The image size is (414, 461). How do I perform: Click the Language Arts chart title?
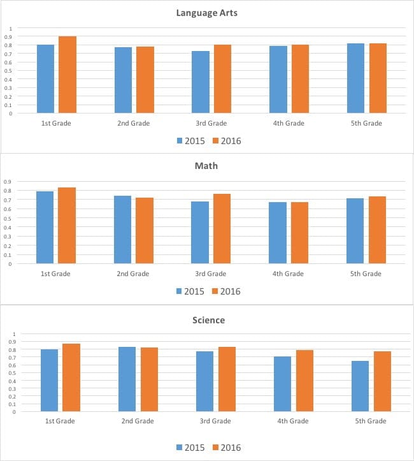(x=207, y=13)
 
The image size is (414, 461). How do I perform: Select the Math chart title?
(x=207, y=166)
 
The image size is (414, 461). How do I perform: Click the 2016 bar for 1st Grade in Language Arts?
(x=68, y=75)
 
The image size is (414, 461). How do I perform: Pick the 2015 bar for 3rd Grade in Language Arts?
(x=200, y=82)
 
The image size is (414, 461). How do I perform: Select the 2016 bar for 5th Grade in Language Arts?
(x=378, y=78)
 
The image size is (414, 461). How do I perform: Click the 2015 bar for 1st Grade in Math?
(x=45, y=227)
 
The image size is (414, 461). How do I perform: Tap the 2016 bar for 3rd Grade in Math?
(x=222, y=228)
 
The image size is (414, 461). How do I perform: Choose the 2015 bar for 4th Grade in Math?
(x=278, y=233)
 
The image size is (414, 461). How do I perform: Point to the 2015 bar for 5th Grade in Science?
(x=360, y=386)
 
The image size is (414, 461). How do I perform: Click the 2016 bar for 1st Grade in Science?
(x=71, y=377)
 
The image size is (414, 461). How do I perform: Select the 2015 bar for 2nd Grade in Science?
(x=127, y=379)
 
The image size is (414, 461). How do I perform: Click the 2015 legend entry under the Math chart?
(x=190, y=291)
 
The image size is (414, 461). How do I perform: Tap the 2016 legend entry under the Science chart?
(x=225, y=448)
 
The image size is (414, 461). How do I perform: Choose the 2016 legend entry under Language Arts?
(x=225, y=141)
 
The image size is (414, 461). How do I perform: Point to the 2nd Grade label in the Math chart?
(x=133, y=274)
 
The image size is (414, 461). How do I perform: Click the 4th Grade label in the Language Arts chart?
(x=289, y=123)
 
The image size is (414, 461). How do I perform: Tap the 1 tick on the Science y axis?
(x=13, y=334)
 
